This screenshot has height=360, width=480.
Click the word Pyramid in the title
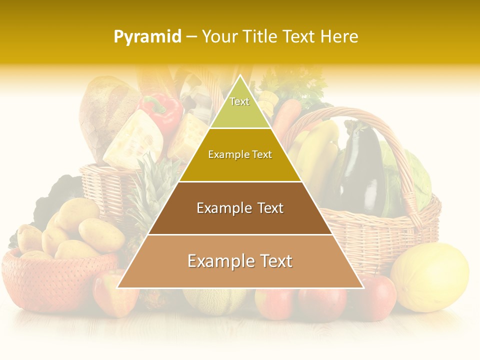[147, 37]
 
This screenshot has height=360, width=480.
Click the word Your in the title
[219, 37]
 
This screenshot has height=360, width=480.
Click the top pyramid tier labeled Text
[239, 107]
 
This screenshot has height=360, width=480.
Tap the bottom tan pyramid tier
[240, 270]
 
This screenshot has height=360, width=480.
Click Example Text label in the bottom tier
[240, 261]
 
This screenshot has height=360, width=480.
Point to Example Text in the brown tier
[240, 208]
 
